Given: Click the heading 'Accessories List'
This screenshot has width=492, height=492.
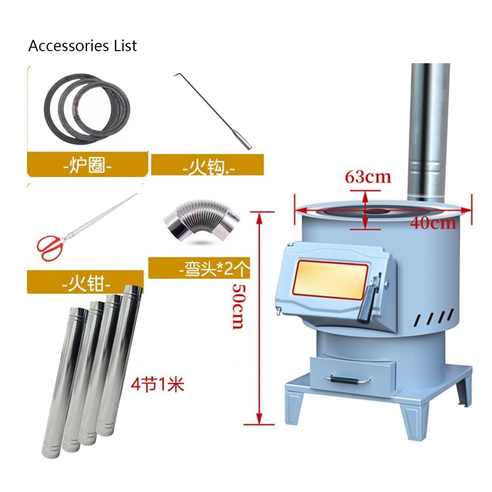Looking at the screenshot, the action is (83, 46).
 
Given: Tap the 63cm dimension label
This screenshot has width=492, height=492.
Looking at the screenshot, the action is (368, 177).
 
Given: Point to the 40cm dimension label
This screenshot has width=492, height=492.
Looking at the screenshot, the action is (432, 223).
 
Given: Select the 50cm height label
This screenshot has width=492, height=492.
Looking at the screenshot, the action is (239, 306).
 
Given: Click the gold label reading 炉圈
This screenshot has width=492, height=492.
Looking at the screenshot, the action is (87, 164).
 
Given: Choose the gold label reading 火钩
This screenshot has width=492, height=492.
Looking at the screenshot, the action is (208, 165).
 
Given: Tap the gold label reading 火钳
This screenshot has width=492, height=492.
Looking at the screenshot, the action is (86, 282).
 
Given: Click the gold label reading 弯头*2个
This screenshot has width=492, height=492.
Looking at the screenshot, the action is (199, 268).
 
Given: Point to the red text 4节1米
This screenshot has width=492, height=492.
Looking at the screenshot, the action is (157, 384).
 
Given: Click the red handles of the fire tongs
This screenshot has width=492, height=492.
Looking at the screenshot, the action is (51, 247).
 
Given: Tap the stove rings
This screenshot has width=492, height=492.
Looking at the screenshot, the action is (87, 109).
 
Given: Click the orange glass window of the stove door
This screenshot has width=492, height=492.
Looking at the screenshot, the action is (330, 279).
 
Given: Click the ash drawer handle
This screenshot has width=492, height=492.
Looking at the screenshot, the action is (348, 380).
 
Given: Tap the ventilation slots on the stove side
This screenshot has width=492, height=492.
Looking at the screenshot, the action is (434, 317).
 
